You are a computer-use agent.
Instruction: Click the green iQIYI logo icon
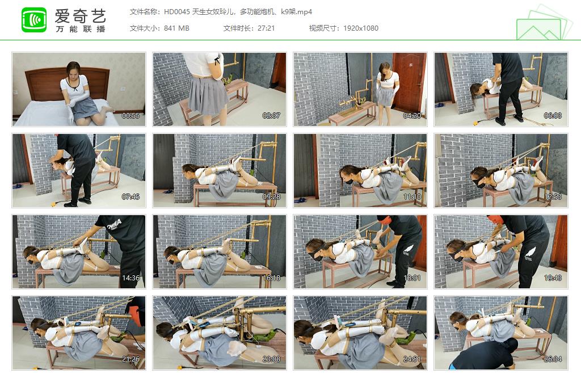tap(34, 20)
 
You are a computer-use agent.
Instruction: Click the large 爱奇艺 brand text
tap(81, 16)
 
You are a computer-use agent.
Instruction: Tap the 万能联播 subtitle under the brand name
tap(81, 29)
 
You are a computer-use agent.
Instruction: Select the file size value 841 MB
tap(176, 28)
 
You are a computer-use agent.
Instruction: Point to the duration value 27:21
tap(266, 28)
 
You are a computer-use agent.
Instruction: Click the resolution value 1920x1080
tap(360, 28)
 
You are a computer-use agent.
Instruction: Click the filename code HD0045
tap(177, 12)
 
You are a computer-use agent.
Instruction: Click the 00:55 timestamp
tap(130, 116)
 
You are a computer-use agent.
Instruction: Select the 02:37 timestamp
tap(271, 116)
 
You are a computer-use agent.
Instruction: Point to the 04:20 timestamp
tap(412, 116)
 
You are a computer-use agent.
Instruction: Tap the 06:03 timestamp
tap(553, 116)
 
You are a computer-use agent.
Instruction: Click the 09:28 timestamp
tap(271, 197)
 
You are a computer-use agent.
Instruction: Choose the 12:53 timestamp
tap(553, 197)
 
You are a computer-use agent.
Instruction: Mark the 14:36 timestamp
tap(130, 278)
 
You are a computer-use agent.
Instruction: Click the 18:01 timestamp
tap(412, 278)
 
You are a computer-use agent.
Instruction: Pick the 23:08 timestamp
tap(271, 359)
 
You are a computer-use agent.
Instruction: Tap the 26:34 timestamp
tap(553, 359)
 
